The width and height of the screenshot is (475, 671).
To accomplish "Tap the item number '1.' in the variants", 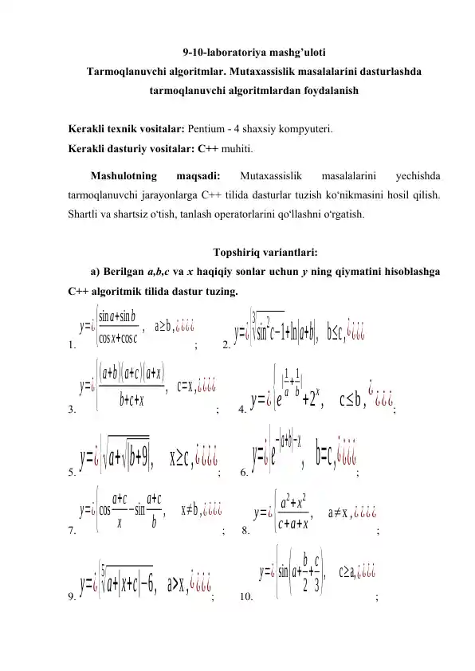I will coord(72,345).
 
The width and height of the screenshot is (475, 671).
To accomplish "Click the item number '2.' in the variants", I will coord(227,345).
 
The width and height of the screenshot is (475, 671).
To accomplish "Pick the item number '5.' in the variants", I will coord(72,473).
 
